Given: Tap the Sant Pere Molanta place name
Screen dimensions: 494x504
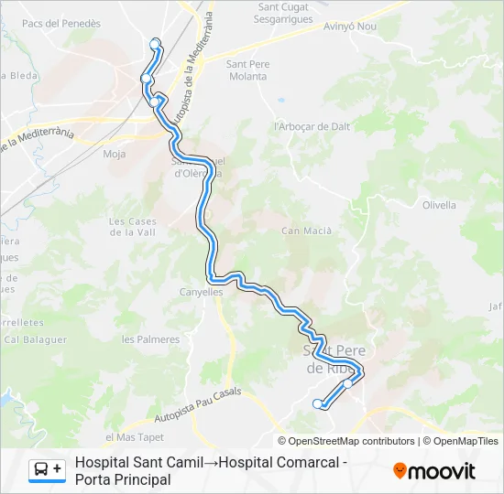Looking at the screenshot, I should [247, 70].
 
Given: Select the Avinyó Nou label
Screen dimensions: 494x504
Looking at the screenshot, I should [350, 27].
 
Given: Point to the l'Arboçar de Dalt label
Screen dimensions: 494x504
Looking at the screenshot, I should [313, 126].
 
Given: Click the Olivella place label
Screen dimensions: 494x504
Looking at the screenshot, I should [439, 205].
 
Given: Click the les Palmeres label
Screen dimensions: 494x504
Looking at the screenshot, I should [151, 339].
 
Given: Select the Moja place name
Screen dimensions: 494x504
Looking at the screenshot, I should [115, 154].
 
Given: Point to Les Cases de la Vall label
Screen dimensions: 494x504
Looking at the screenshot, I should [133, 227].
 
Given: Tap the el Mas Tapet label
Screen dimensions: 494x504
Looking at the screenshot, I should [134, 437].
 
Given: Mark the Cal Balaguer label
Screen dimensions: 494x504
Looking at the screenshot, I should [36, 339].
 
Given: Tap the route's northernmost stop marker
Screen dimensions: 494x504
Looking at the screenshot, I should [155, 42].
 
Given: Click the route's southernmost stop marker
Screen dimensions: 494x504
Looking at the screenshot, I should [318, 403].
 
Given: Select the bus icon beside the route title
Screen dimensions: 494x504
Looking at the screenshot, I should [47, 470].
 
